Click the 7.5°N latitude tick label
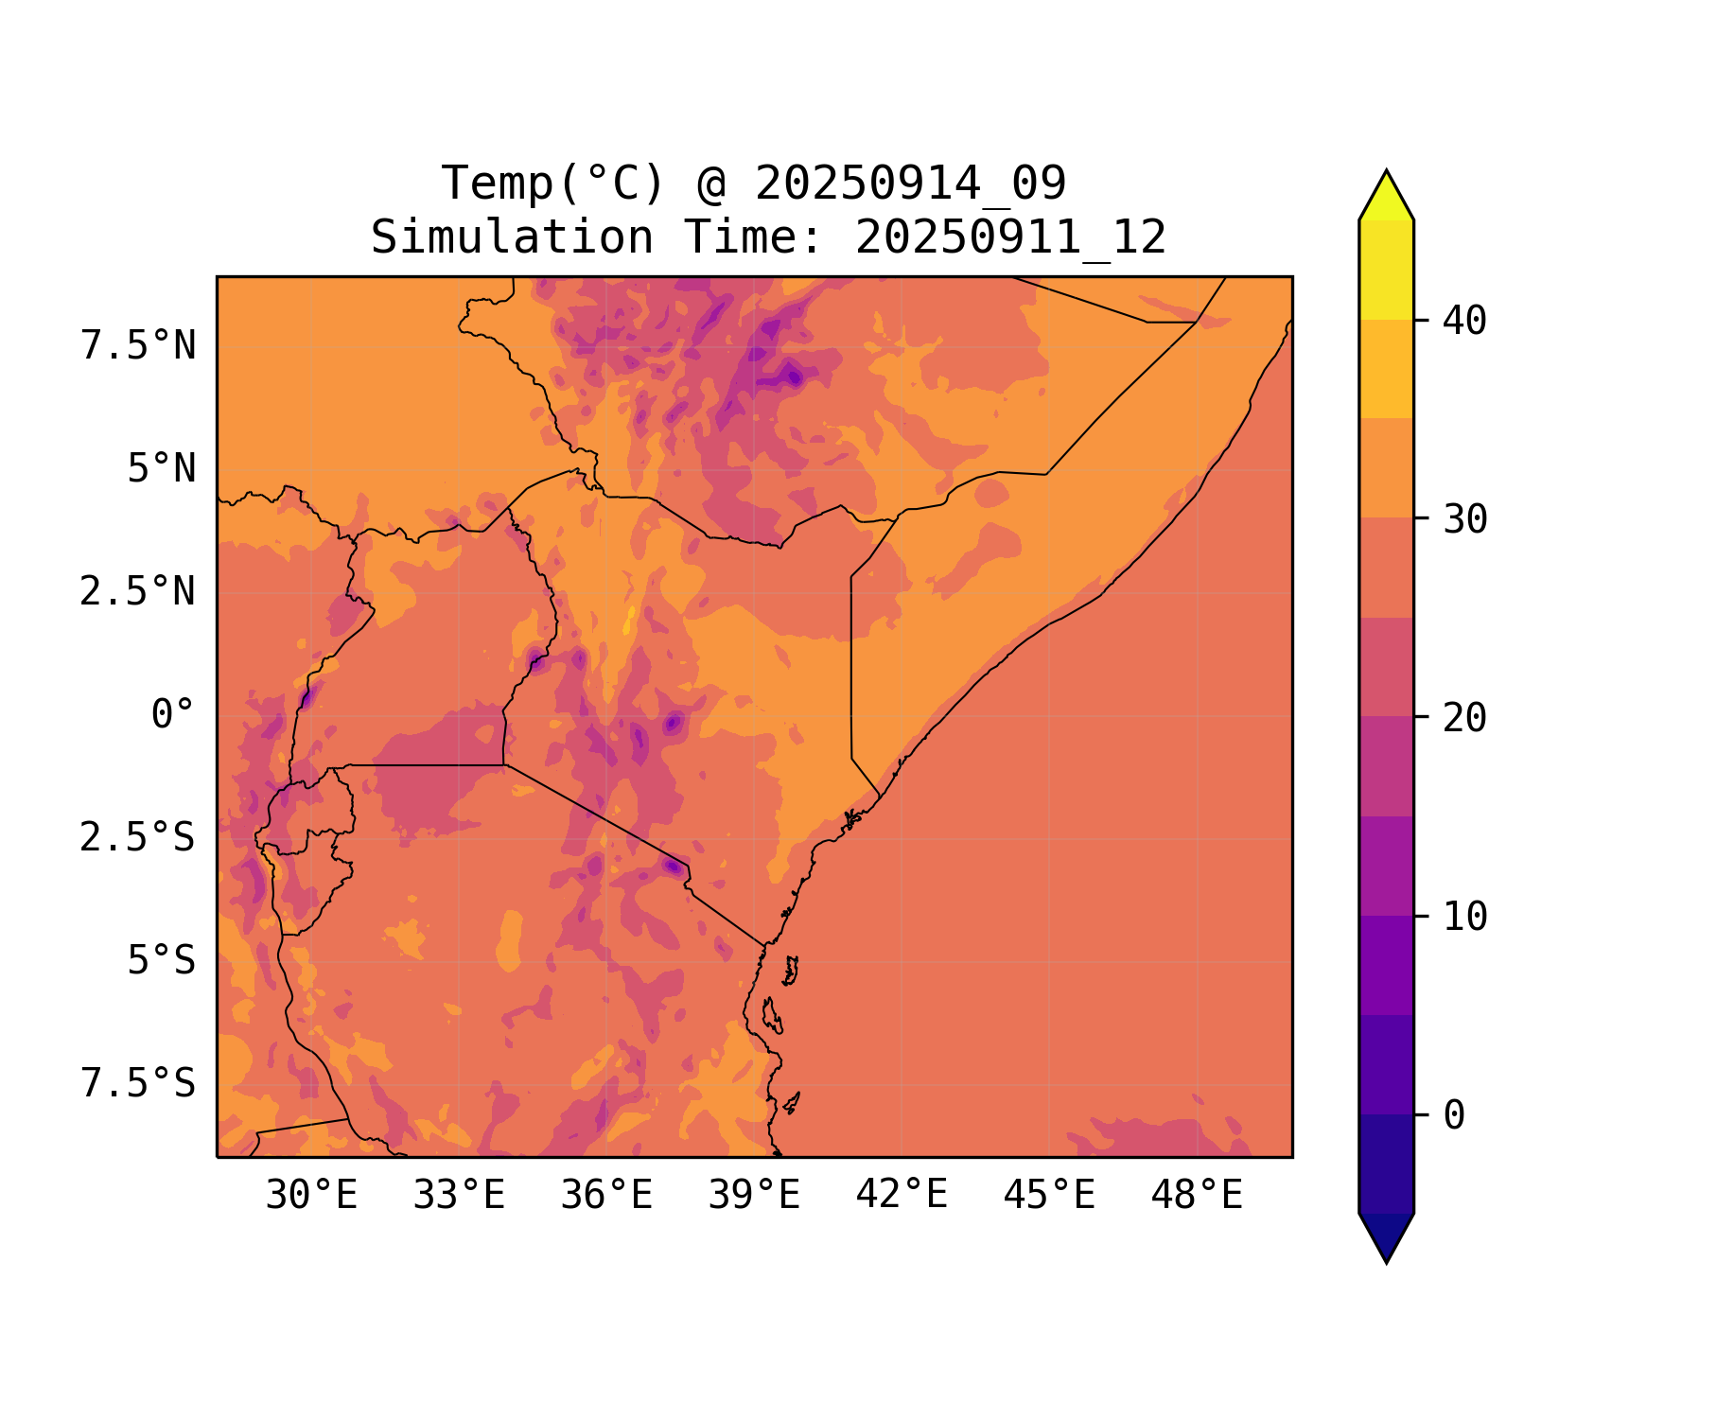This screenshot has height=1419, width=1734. pyautogui.click(x=138, y=346)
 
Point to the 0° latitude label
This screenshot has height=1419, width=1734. pyautogui.click(x=173, y=715)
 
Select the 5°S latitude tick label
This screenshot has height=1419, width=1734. pyautogui.click(x=162, y=961)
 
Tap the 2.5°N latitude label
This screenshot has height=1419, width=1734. pyautogui.click(x=138, y=592)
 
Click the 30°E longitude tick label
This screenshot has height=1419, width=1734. pyautogui.click(x=311, y=1196)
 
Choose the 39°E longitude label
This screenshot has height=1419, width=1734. pyautogui.click(x=754, y=1196)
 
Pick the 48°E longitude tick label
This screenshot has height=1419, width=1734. pyautogui.click(x=1197, y=1196)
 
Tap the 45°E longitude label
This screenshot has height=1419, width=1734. pyautogui.click(x=1049, y=1196)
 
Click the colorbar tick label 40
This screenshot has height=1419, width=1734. pyautogui.click(x=1464, y=321)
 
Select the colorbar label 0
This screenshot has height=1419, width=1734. pyautogui.click(x=1454, y=1115)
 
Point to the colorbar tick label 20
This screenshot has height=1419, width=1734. pyautogui.click(x=1464, y=718)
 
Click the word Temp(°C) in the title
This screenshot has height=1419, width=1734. pyautogui.click(x=553, y=184)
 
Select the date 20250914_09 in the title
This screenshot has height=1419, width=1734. pyautogui.click(x=910, y=184)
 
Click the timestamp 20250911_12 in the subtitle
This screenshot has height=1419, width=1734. pyautogui.click(x=1010, y=237)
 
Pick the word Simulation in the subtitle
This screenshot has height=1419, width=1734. pyautogui.click(x=512, y=237)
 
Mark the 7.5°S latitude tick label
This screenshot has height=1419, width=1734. pyautogui.click(x=138, y=1084)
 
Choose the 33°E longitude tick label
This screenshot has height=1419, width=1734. pyautogui.click(x=459, y=1196)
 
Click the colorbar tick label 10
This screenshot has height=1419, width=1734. pyautogui.click(x=1464, y=917)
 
